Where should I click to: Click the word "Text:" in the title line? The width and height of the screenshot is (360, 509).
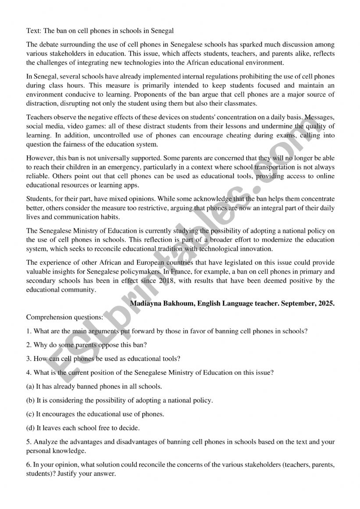(x=34, y=31)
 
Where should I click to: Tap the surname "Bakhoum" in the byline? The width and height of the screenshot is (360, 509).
(x=179, y=303)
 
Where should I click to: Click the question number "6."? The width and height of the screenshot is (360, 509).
(x=29, y=465)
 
